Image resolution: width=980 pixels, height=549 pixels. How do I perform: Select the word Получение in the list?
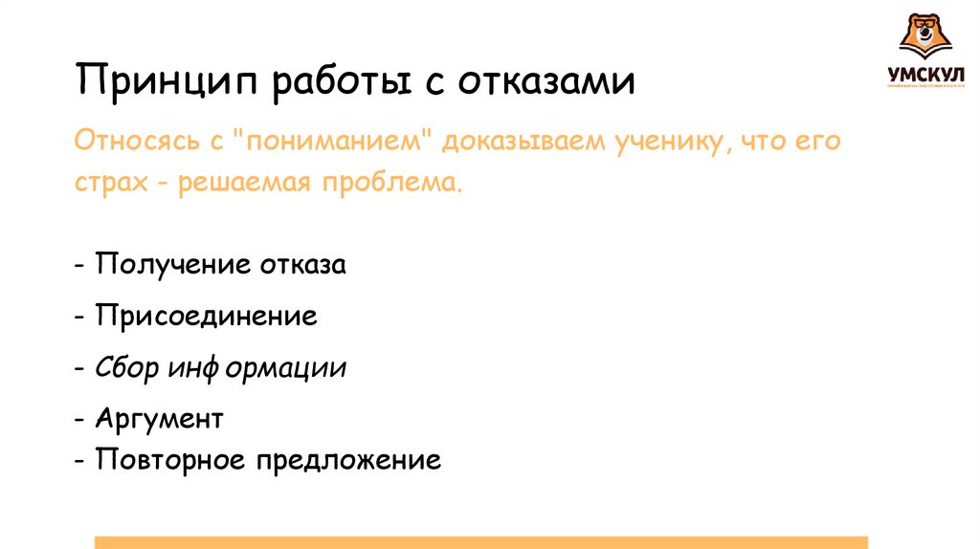pyautogui.click(x=169, y=265)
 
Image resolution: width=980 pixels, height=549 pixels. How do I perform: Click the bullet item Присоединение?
pyautogui.click(x=206, y=317)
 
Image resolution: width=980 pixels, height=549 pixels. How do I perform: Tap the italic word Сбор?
pyautogui.click(x=129, y=368)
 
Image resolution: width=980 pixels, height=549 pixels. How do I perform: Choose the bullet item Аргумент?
pyautogui.click(x=159, y=418)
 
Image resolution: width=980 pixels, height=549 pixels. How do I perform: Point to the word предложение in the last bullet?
pyautogui.click(x=348, y=460)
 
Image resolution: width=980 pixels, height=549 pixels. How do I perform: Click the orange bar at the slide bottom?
pyautogui.click(x=481, y=542)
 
